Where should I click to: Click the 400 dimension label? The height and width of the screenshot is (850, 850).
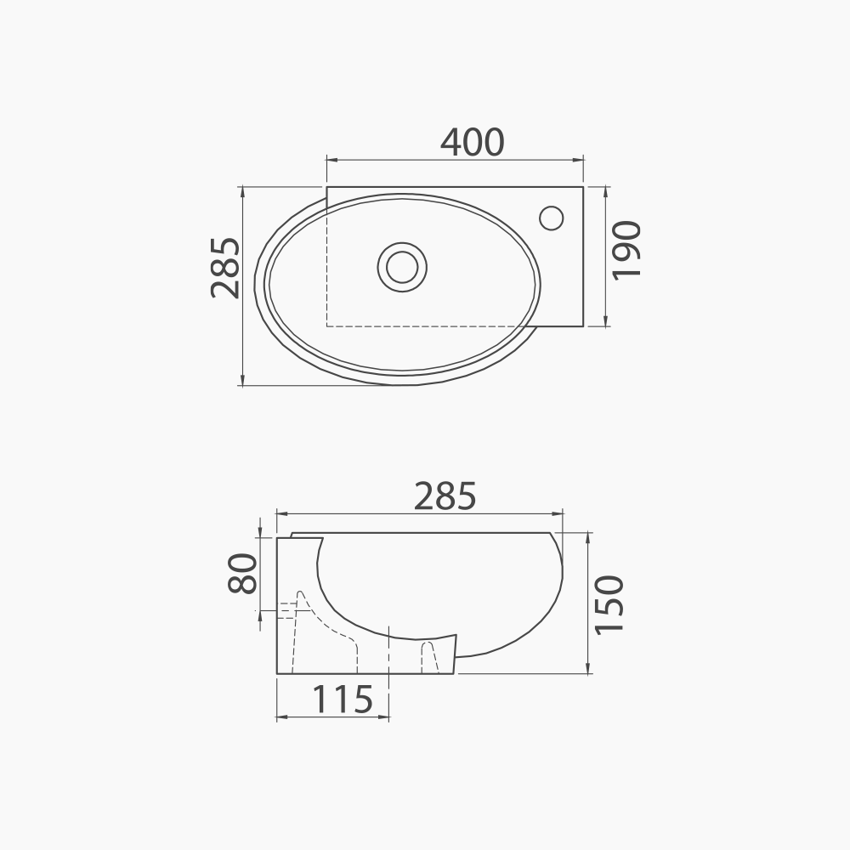pos(472,142)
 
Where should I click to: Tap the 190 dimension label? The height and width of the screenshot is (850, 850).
pos(626,250)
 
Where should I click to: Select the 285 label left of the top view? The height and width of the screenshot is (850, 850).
pos(225,268)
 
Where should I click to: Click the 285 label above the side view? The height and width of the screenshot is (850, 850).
pos(445,496)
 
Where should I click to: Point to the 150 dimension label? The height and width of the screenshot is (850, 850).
pos(609,603)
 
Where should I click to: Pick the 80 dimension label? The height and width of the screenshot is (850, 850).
pos(242,573)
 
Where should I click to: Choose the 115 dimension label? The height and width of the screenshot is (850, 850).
pos(343,699)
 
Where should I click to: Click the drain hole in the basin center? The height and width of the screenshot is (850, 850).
pos(402,267)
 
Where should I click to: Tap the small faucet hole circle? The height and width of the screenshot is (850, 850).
pos(552,218)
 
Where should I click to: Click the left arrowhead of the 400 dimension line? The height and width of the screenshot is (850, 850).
pos(331,160)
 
